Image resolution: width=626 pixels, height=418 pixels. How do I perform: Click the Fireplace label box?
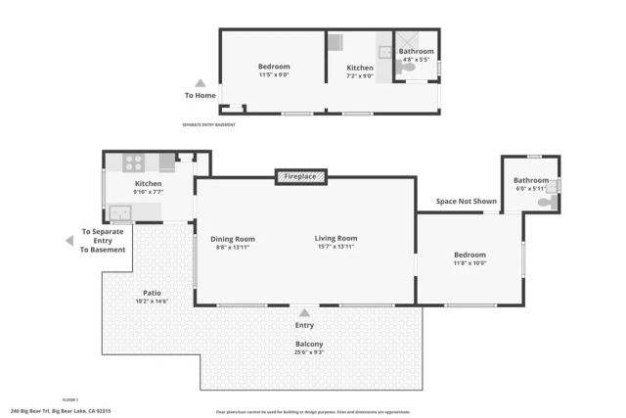point(300,176)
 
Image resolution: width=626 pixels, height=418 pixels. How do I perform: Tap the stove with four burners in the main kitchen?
point(134,163)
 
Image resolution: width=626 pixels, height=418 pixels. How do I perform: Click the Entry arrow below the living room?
point(305,312)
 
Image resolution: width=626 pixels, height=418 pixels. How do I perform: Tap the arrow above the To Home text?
point(201,83)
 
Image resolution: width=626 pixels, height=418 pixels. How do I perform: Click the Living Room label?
point(335,238)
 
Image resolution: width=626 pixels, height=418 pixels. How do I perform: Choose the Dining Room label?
point(233,238)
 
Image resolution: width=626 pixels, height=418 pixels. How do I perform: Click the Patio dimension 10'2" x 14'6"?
point(152,301)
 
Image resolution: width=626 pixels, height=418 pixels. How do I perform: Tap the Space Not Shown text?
point(467,201)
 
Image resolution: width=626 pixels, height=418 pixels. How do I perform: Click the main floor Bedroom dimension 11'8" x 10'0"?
point(469,263)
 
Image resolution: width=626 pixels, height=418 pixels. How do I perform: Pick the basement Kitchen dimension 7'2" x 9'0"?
point(360,75)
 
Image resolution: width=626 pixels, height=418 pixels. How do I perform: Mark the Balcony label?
point(309,344)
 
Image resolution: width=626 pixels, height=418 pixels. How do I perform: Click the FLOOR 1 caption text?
point(69,400)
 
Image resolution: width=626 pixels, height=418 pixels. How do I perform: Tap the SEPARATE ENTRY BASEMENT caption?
point(208,124)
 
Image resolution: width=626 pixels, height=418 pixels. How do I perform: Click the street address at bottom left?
point(60,411)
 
